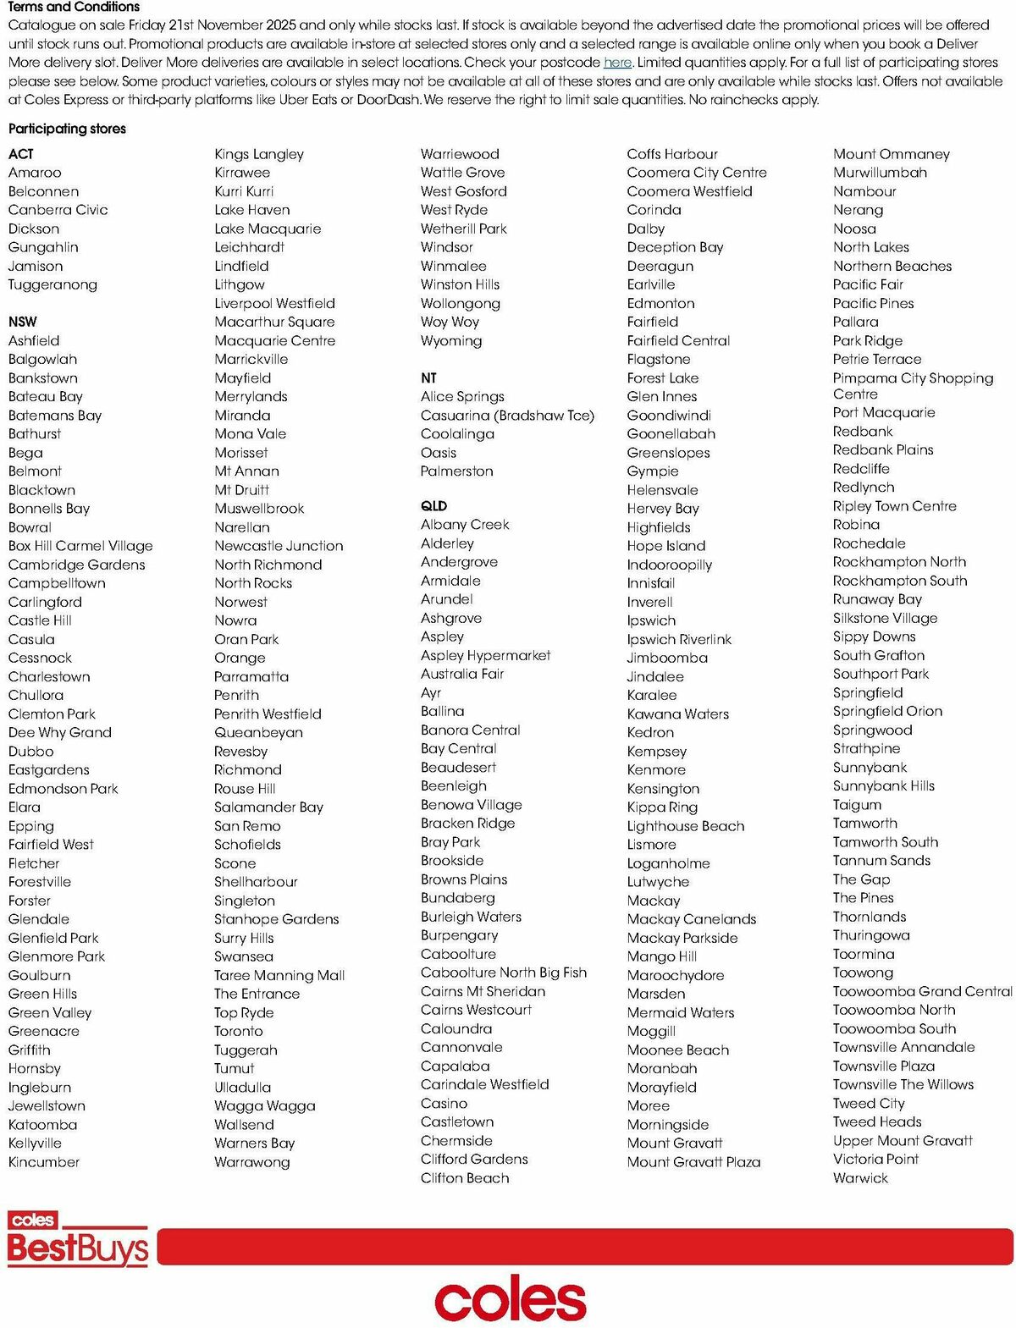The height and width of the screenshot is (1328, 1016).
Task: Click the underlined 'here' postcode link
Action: tap(617, 62)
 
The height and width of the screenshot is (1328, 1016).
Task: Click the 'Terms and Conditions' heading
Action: tap(74, 7)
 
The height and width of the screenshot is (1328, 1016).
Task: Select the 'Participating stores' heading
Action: tap(67, 129)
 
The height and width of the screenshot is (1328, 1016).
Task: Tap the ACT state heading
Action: tap(21, 154)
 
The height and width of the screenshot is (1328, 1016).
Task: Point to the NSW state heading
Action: tap(23, 322)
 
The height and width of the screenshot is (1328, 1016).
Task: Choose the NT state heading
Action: tap(428, 378)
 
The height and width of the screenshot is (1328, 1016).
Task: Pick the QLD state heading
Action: tap(433, 506)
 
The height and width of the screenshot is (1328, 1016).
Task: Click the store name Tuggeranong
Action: tap(52, 284)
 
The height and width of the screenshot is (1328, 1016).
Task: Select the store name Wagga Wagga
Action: tap(264, 1105)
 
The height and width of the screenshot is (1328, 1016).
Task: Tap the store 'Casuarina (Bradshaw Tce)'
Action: tap(507, 416)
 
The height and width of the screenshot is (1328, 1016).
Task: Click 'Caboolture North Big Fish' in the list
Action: tap(503, 973)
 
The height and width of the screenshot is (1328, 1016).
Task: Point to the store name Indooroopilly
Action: tap(669, 565)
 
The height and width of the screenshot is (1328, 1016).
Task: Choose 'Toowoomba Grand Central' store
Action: tap(922, 991)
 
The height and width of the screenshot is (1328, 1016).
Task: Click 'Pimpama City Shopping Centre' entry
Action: tap(912, 386)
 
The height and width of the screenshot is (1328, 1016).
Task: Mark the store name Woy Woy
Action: tap(450, 322)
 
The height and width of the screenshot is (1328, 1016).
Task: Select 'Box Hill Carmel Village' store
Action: tap(80, 546)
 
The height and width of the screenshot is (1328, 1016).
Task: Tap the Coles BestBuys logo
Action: tap(78, 1239)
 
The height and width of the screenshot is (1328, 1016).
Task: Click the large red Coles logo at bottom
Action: tap(510, 1299)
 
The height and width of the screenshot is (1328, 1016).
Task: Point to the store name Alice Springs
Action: tap(462, 396)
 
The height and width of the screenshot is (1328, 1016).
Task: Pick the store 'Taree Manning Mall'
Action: tap(279, 975)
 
